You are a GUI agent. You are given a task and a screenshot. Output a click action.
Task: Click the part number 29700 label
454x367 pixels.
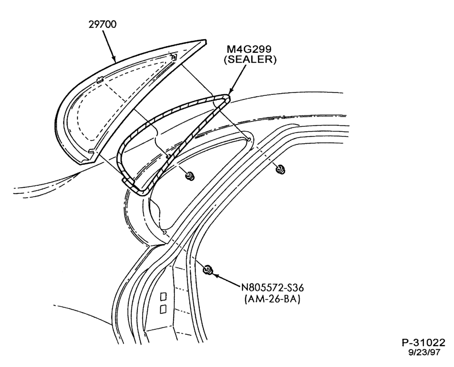click(x=102, y=25)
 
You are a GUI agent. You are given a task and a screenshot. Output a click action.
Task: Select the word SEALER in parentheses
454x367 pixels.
click(x=250, y=60)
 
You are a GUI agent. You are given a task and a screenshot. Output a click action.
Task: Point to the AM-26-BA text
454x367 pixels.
click(x=272, y=298)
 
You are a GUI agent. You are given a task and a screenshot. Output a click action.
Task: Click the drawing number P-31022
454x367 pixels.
click(x=423, y=342)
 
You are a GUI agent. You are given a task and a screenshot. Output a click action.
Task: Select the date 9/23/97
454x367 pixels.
click(x=424, y=352)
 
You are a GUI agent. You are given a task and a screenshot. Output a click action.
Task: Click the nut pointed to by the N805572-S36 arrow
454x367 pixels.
click(x=207, y=269)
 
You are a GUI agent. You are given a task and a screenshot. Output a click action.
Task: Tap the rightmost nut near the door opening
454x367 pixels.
click(x=280, y=169)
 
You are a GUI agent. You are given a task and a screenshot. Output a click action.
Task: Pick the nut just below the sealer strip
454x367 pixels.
click(x=190, y=175)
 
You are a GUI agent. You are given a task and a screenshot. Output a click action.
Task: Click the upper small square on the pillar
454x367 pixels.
click(x=163, y=297)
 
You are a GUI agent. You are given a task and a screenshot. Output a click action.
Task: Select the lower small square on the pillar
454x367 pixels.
click(x=163, y=309)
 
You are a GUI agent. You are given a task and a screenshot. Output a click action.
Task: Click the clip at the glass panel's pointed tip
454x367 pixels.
click(x=173, y=57)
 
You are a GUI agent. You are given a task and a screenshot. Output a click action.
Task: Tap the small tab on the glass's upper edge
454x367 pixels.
click(x=100, y=80)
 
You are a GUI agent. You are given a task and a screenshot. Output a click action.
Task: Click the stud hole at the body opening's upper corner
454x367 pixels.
click(x=249, y=139)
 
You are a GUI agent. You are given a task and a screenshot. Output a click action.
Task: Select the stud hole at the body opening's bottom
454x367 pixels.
click(x=164, y=232)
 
